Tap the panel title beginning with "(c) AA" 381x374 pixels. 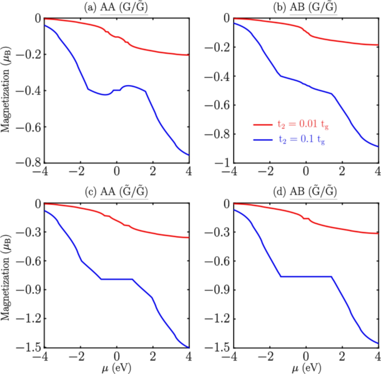(116, 193)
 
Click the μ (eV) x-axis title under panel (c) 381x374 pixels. (116, 367)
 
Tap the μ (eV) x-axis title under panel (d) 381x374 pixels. (305, 367)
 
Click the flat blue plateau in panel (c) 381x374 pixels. (116, 279)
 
